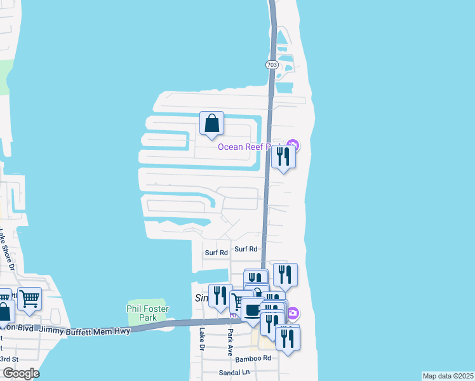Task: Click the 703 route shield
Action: pyautogui.click(x=272, y=65)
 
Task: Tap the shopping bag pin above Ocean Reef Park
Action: pyautogui.click(x=211, y=124)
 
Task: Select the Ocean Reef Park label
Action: pyautogui.click(x=249, y=147)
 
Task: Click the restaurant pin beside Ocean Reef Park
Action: pyautogui.click(x=283, y=157)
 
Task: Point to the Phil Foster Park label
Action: pyautogui.click(x=147, y=313)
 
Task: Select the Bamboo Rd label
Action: pyautogui.click(x=253, y=359)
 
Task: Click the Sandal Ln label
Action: pyautogui.click(x=232, y=372)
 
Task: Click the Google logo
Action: pyautogui.click(x=20, y=373)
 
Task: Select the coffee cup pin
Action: pyautogui.click(x=253, y=311)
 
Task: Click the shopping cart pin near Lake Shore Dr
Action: pyautogui.click(x=29, y=298)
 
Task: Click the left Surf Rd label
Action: pyautogui.click(x=216, y=253)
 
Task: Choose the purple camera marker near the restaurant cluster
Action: pyautogui.click(x=293, y=312)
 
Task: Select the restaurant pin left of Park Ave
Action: pyautogui.click(x=220, y=296)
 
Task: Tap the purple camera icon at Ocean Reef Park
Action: pyautogui.click(x=293, y=146)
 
